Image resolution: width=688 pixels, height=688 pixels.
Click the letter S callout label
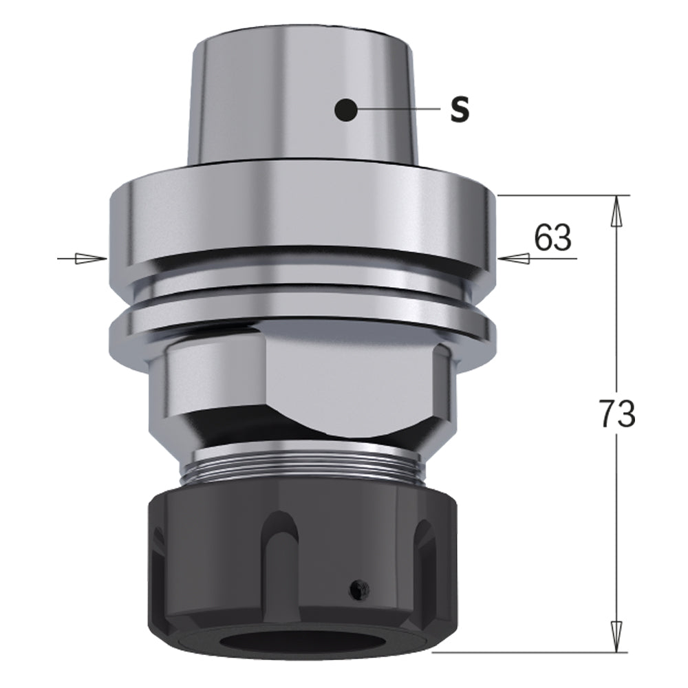460,110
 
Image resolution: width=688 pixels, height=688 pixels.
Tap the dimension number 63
552,238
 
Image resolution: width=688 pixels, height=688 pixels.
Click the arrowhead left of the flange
89,259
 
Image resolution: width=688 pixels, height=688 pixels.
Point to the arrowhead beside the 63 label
513,259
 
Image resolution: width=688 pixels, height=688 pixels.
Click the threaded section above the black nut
303,468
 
